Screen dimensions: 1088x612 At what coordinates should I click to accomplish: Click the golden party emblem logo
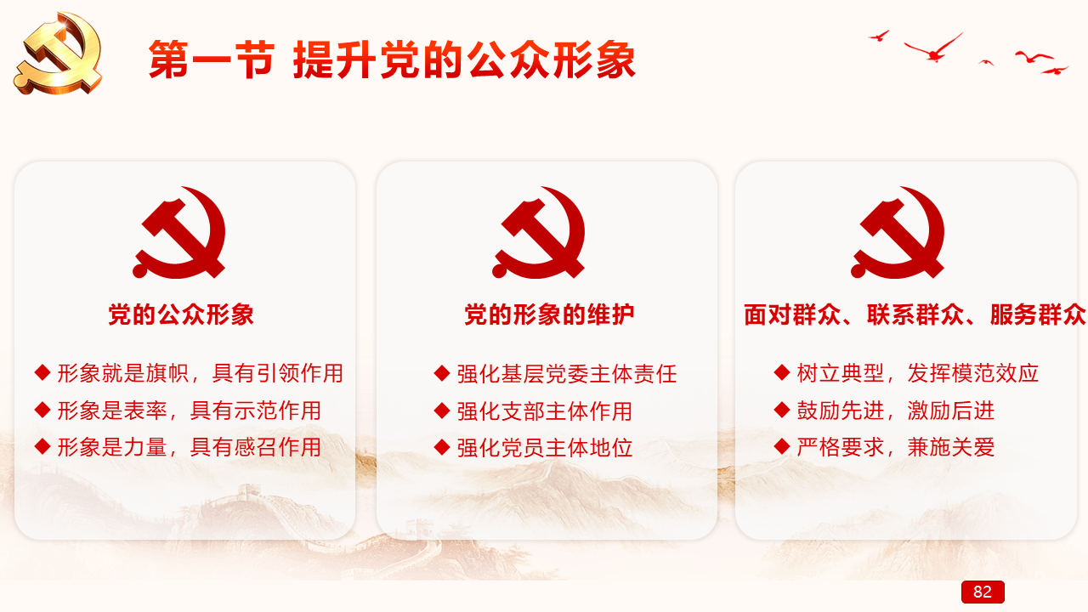[x=59, y=53]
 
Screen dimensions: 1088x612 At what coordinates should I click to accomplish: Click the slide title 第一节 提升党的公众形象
[x=392, y=59]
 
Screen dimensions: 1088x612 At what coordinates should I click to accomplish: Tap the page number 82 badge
[x=983, y=592]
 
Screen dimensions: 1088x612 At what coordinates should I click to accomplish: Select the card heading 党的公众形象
[x=181, y=314]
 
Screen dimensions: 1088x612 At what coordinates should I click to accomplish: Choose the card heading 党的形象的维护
[x=549, y=314]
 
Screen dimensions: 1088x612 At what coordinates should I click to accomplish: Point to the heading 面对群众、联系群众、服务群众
[x=914, y=314]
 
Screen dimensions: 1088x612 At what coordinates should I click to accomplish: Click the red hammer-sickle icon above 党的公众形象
[x=179, y=232]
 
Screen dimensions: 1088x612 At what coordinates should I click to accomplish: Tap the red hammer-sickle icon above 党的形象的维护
[x=539, y=232]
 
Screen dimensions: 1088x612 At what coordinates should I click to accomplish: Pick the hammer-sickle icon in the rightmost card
[x=898, y=232]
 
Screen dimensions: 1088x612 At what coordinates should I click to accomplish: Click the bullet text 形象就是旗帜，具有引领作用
[x=200, y=373]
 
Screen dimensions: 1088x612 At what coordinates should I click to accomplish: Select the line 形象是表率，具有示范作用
[x=190, y=411]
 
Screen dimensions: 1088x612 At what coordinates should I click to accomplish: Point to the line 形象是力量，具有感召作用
[x=190, y=447]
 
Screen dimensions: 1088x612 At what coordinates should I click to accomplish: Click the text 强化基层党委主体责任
[x=567, y=374]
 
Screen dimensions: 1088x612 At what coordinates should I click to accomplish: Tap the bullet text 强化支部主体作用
[x=545, y=411]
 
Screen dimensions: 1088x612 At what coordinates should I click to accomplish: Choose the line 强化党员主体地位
[x=545, y=448]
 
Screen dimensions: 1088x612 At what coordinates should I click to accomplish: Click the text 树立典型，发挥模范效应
[x=917, y=373]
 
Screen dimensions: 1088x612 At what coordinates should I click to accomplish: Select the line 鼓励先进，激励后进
[x=896, y=411]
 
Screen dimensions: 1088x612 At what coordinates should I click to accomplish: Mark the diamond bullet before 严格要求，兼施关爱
[x=781, y=446]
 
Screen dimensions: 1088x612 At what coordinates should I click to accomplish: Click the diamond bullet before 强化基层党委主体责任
[x=442, y=373]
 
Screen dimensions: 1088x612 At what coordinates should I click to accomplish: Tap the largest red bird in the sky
[x=933, y=48]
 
